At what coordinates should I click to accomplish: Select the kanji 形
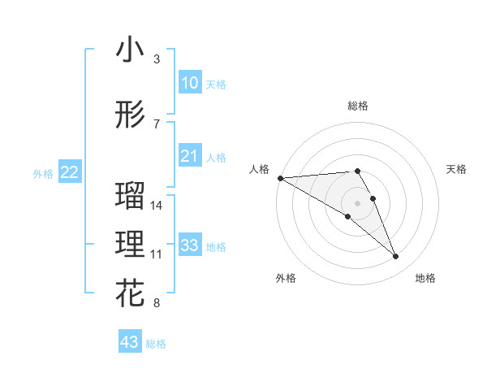coord(130,115)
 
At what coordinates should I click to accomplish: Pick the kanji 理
coord(130,245)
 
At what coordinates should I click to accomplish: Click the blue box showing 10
coord(189,83)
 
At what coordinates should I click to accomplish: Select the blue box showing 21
coord(189,156)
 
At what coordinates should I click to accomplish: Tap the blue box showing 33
coord(189,245)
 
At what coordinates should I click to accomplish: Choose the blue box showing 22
coord(69,172)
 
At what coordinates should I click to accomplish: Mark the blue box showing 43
coord(130,342)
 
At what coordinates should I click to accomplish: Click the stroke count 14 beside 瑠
coord(157,206)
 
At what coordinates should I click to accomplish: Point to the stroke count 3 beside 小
coord(157,59)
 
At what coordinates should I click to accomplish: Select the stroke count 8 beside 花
coord(157,304)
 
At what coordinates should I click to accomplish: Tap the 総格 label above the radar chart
coord(357,106)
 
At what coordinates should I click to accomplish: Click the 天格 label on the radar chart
coord(457,169)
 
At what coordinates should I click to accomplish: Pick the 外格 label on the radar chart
coord(286,278)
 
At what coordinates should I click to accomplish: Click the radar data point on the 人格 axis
coord(280,177)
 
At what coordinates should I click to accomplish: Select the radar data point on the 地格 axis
coord(396,257)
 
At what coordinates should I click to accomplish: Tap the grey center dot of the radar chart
coord(357,202)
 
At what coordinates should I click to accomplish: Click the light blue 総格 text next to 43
coord(156,344)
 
